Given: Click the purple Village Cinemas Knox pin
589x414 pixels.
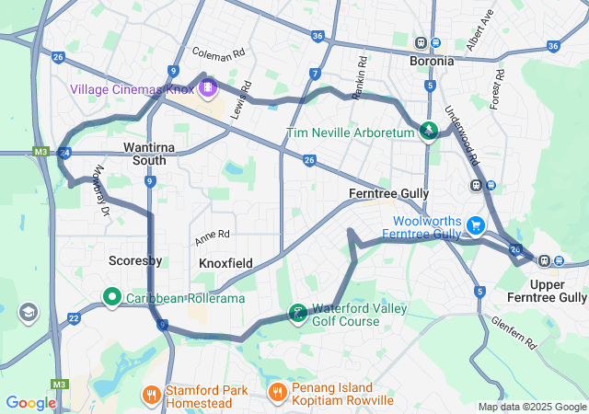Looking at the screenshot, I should point(208,88).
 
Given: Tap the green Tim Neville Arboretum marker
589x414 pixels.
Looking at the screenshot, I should point(429,132).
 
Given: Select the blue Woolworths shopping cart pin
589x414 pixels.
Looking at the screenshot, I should point(475,224).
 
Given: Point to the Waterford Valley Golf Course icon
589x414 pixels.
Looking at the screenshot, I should point(297,314).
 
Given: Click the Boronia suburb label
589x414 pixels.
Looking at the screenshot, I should point(432,61).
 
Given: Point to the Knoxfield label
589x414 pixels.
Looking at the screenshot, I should point(225,263).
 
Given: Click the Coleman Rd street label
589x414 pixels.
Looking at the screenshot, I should point(218,52).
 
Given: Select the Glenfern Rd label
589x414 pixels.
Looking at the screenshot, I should point(514,332).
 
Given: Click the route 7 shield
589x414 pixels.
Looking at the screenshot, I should point(315,74).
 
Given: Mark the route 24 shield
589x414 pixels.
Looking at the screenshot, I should point(64,153).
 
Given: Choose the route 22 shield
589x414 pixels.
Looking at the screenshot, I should point(74,318).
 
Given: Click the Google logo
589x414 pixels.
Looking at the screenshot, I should point(30,403).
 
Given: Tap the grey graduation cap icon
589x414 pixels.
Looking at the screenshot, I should point(29,313).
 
